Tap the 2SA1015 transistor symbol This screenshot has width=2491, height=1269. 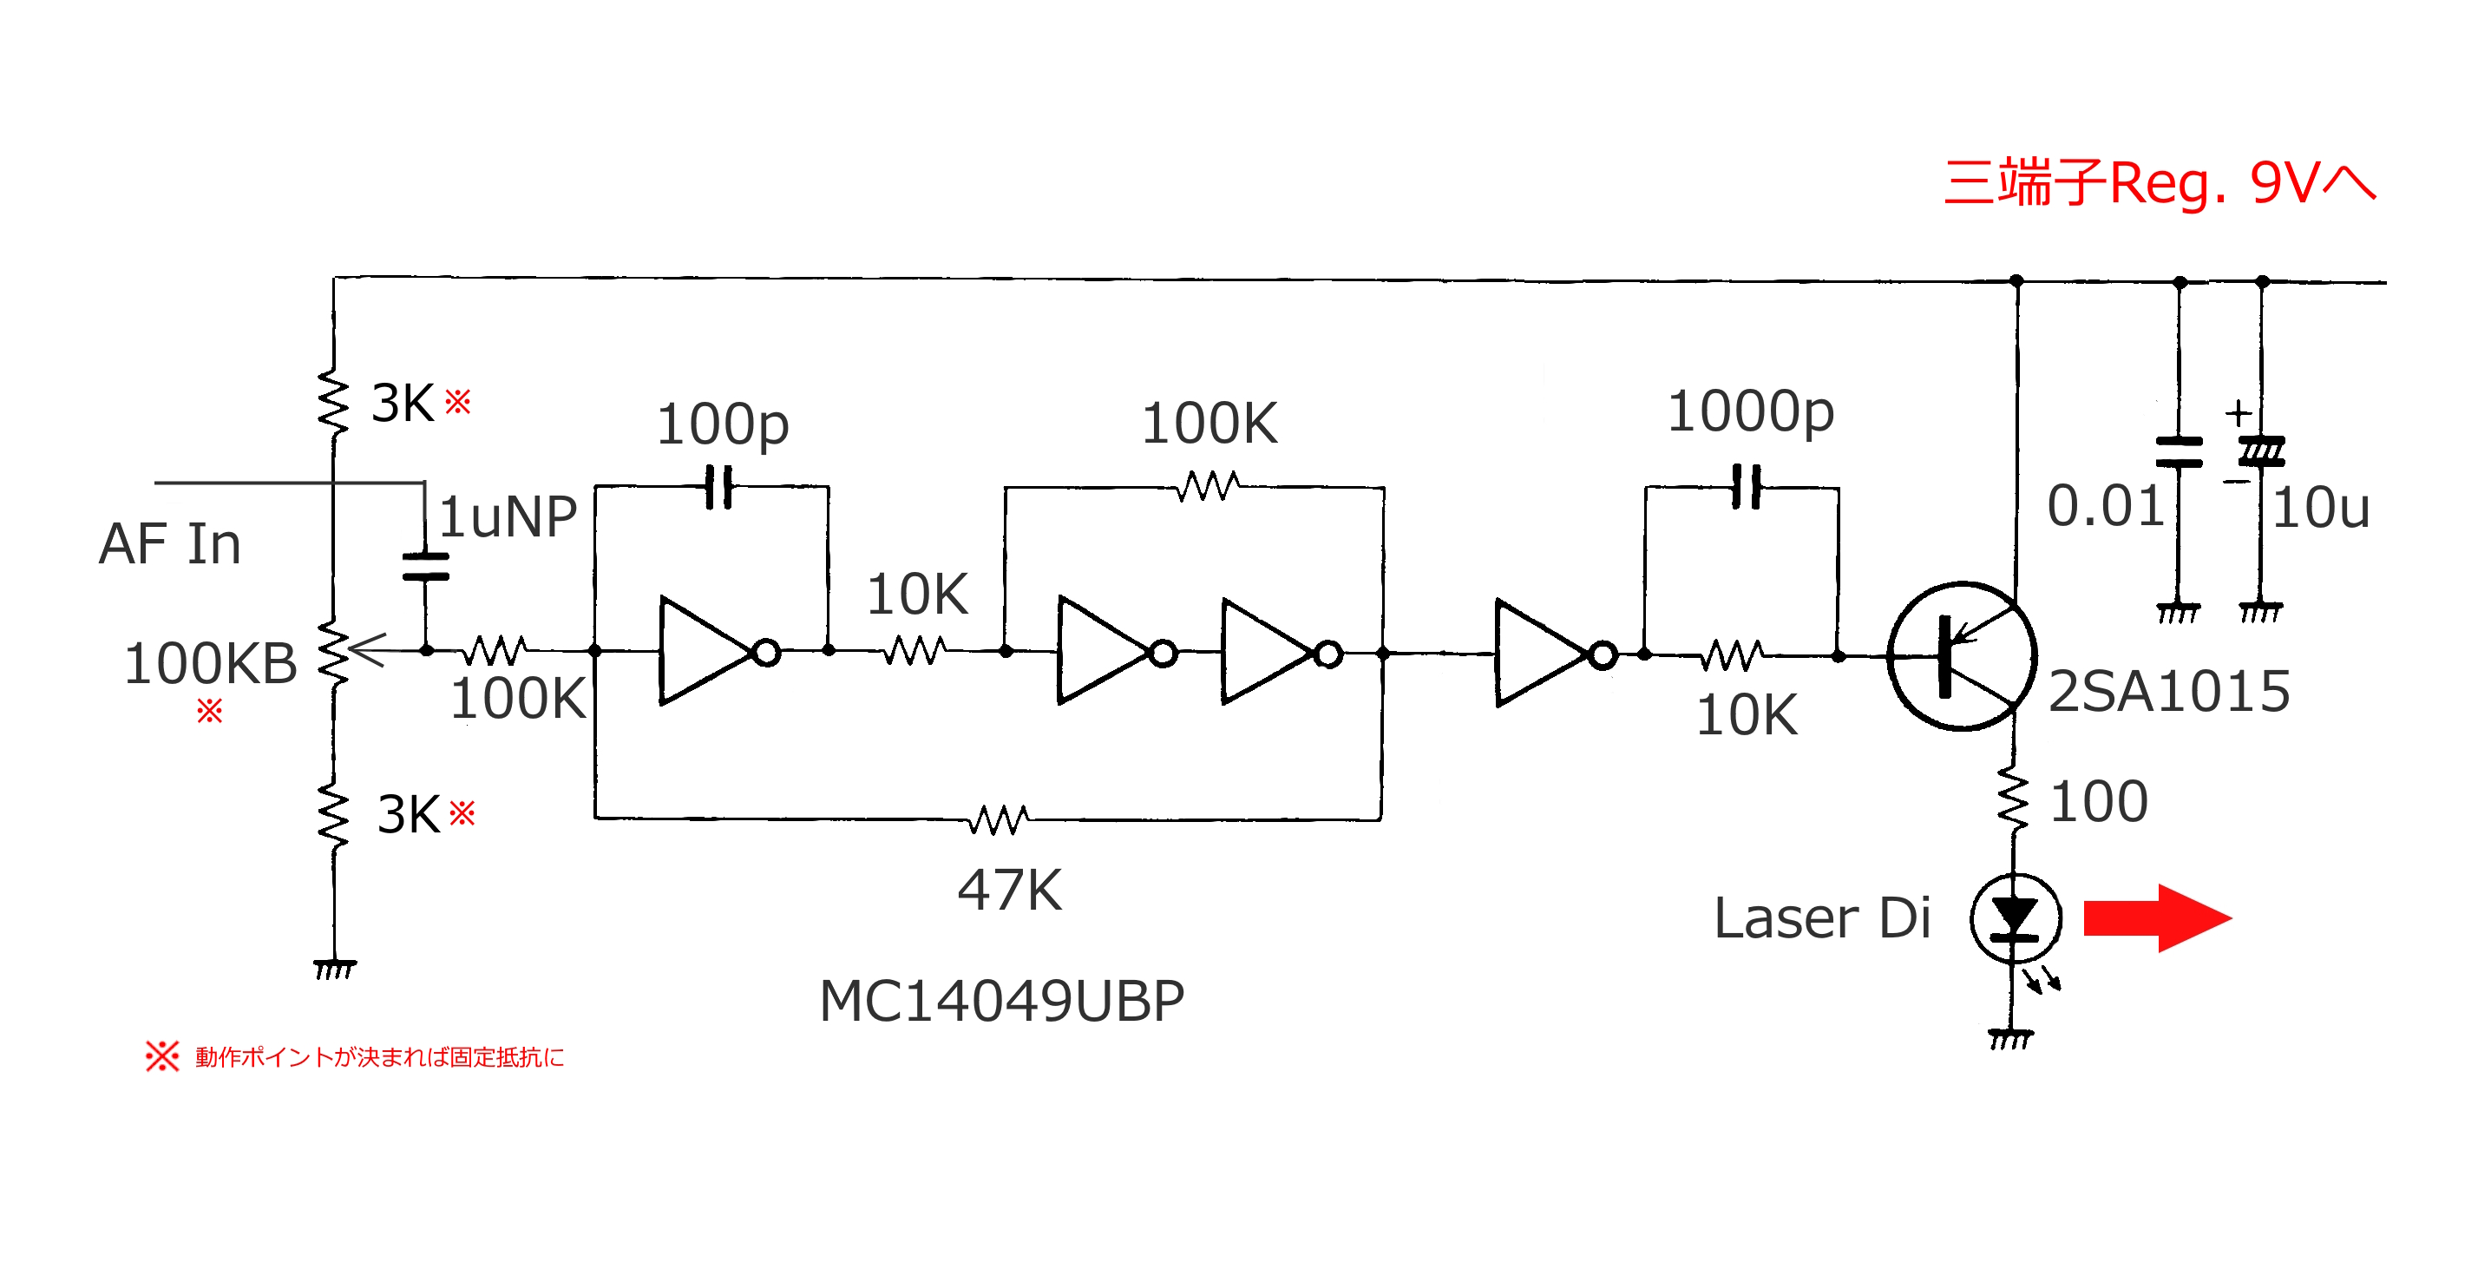tap(1961, 656)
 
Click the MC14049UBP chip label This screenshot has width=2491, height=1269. tap(1001, 1001)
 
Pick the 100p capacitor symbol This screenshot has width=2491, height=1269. tap(718, 487)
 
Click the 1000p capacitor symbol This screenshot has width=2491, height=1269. tap(1746, 487)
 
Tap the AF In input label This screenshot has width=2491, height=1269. tap(169, 543)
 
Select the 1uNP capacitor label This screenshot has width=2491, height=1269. tap(508, 516)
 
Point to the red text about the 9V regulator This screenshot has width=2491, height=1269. tap(2159, 184)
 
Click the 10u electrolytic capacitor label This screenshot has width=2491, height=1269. tap(2320, 508)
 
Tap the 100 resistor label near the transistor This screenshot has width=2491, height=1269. tap(2099, 802)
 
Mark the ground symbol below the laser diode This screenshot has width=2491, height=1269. tap(2010, 1040)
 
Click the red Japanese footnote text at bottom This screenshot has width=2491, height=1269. tap(379, 1057)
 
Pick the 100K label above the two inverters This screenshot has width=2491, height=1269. tap(1209, 424)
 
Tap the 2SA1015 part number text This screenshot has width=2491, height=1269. tap(2168, 692)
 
